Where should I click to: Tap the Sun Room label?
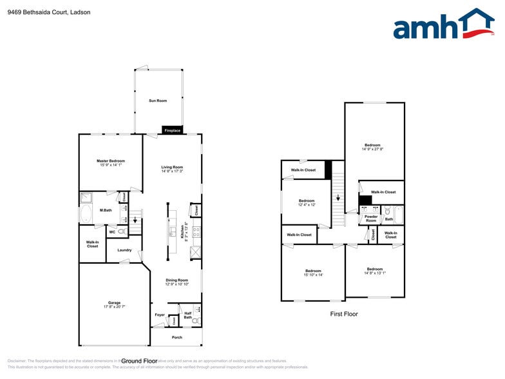pos(158,101)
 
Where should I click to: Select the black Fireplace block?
pos(172,130)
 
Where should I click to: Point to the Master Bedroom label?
pos(111,160)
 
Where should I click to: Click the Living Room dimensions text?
pos(172,171)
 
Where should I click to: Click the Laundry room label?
pos(124,250)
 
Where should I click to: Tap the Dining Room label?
pos(176,280)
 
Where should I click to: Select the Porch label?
pos(176,337)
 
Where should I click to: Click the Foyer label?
pos(160,315)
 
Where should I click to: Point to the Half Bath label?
pos(188,315)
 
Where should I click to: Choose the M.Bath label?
pos(106,210)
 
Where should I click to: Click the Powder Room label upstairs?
pos(371,219)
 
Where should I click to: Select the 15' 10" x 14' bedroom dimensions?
pos(313,275)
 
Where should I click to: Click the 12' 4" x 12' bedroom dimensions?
pos(307,205)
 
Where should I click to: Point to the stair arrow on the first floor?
pos(338,199)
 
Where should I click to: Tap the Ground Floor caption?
pos(139,361)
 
